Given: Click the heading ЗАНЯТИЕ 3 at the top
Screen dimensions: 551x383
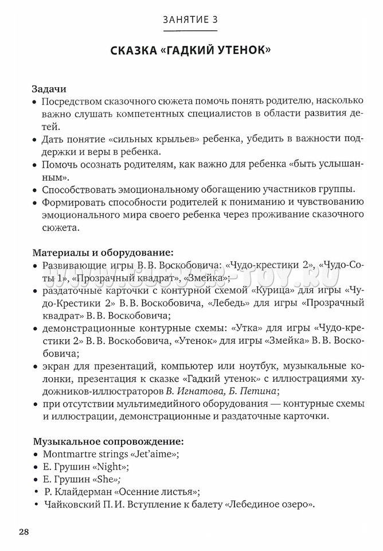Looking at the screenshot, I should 190,20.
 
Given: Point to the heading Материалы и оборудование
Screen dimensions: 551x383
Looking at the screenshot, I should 103,252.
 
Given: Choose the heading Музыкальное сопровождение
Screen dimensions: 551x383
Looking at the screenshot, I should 108,441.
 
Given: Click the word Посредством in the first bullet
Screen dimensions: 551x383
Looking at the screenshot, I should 71,102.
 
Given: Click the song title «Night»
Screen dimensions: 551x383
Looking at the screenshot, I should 109,467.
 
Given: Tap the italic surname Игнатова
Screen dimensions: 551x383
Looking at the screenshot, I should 204,391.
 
